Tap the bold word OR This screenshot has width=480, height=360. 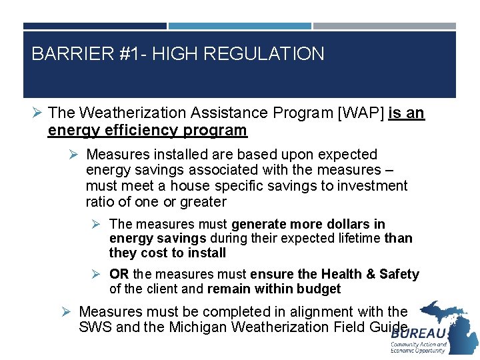(119, 274)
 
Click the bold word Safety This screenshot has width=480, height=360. (398, 274)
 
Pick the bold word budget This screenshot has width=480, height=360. (320, 289)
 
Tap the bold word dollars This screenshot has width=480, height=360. (349, 224)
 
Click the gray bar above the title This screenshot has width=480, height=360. (384, 26)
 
